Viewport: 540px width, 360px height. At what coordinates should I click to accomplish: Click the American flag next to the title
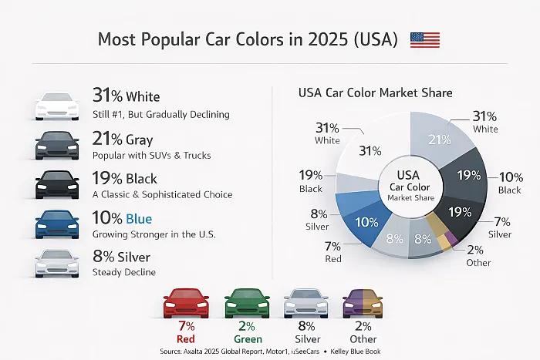coord(424,40)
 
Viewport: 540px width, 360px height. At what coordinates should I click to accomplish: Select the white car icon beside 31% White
coord(57,106)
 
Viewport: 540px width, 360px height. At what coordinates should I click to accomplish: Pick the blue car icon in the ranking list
coord(57,224)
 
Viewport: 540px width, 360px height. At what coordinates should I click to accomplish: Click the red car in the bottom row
coord(185,304)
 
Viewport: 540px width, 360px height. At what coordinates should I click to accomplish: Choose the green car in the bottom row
coord(246,304)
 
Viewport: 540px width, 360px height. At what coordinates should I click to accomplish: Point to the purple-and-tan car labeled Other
coord(362,304)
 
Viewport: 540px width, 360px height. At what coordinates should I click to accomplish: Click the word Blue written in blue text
coord(140,218)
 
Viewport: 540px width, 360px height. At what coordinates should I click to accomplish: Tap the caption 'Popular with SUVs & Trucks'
coord(151,155)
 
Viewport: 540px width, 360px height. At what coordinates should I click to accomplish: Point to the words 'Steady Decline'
coord(123,272)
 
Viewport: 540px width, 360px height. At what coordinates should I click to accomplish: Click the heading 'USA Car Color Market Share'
coord(375,93)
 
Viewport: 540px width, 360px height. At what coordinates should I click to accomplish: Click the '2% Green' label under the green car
coord(246,333)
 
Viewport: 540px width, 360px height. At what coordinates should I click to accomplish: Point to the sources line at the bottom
coord(270,351)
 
